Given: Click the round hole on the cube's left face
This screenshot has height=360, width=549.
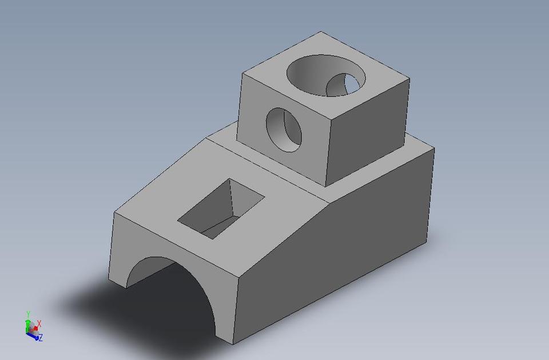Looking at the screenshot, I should point(284,129).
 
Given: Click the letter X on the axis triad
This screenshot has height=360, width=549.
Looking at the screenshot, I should point(39,324).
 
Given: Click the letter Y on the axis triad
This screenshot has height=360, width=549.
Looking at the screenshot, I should point(28,314).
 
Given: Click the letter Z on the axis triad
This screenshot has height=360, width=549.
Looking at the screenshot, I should point(41,338).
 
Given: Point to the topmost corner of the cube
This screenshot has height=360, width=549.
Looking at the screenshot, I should point(321,31).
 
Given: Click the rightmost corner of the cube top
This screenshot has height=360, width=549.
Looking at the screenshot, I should point(409,78).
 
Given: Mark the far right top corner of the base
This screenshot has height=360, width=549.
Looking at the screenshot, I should point(433,149).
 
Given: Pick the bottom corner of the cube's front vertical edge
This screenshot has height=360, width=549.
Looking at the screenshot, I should point(326,187).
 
